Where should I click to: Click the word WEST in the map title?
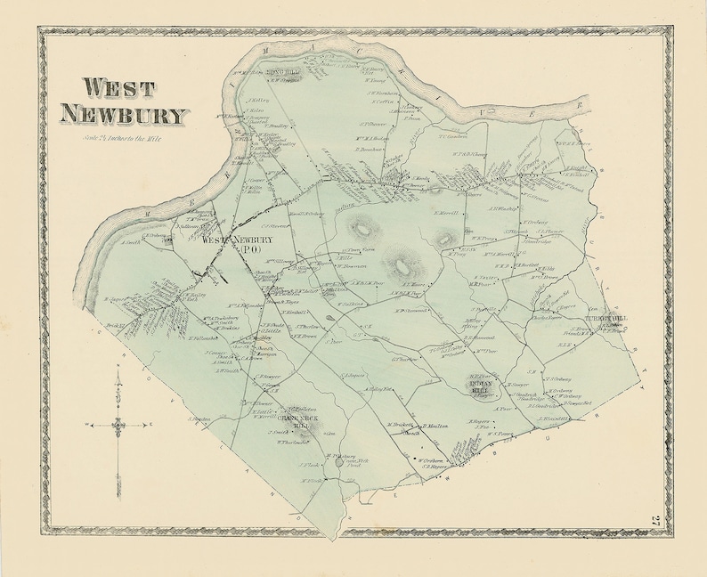pyautogui.click(x=119, y=88)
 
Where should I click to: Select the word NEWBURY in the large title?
pyautogui.click(x=124, y=116)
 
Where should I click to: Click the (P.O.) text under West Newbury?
pyautogui.click(x=252, y=249)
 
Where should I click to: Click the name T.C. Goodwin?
pyautogui.click(x=453, y=136)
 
